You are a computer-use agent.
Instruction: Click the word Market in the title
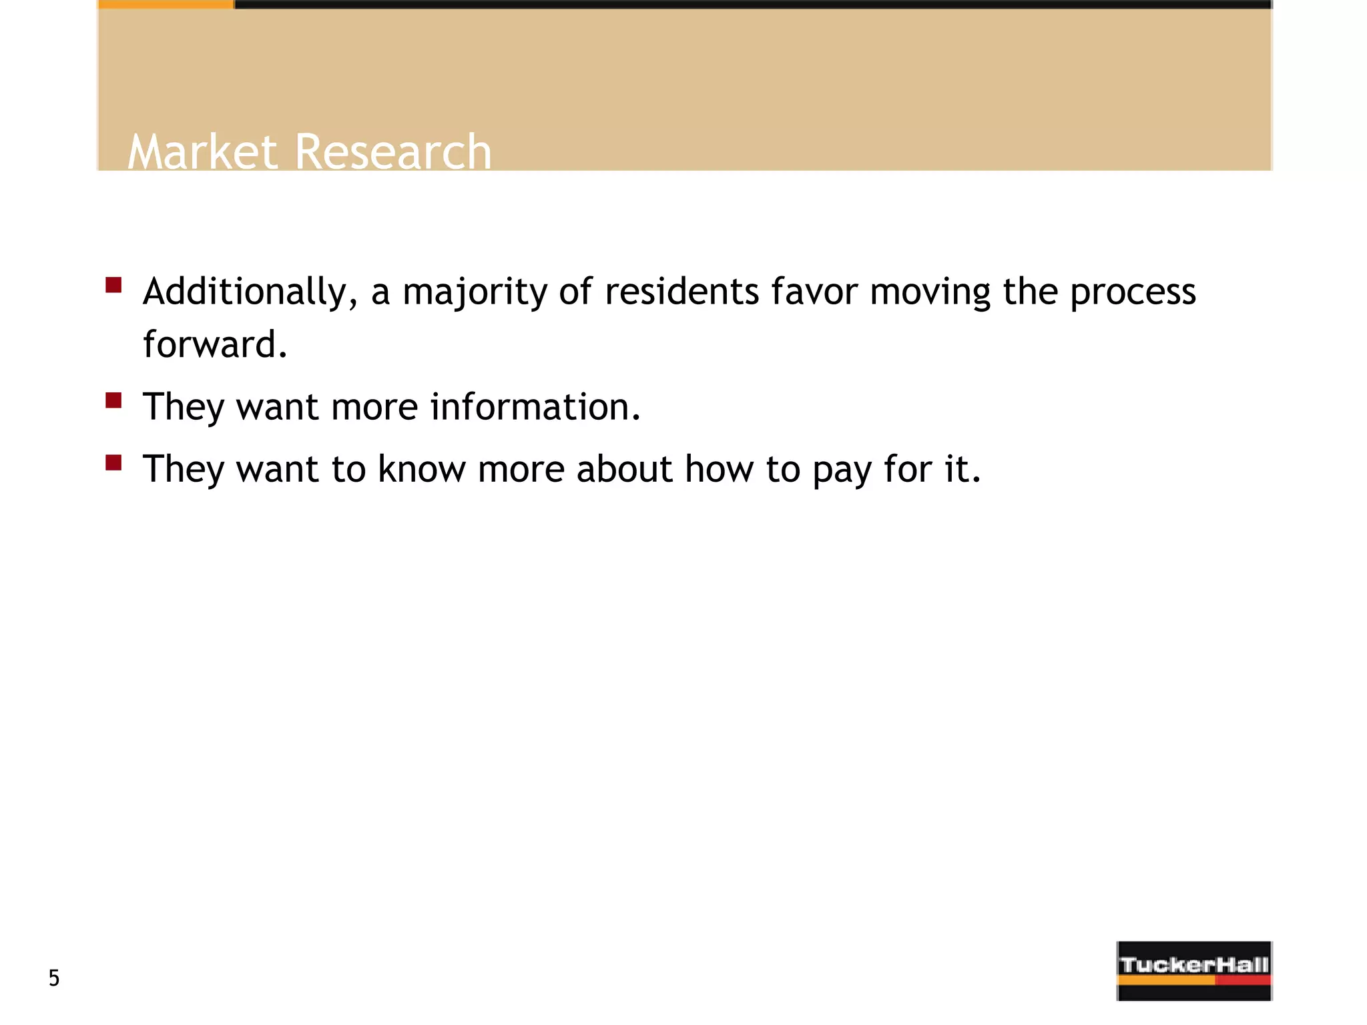[202, 151]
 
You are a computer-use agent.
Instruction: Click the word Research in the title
[392, 151]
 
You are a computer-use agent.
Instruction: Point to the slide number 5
[54, 978]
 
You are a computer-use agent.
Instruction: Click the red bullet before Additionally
[113, 286]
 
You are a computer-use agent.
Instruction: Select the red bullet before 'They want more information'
[113, 400]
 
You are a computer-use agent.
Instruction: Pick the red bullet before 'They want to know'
[113, 462]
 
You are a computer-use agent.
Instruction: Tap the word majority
[475, 292]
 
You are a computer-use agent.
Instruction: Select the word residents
[681, 292]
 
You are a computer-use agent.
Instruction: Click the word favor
[814, 292]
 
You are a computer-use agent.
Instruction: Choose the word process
[1133, 292]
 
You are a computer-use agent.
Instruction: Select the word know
[422, 468]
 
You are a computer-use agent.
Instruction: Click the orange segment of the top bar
[166, 5]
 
